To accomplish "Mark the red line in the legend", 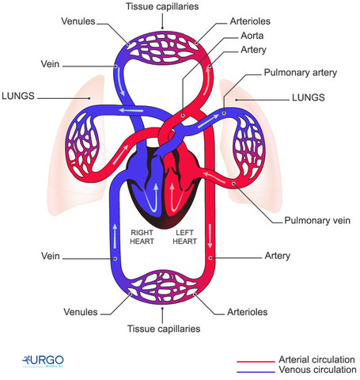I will pos(256,360).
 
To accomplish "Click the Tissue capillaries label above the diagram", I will pos(162,7).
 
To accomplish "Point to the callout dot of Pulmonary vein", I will pos(234,184).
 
